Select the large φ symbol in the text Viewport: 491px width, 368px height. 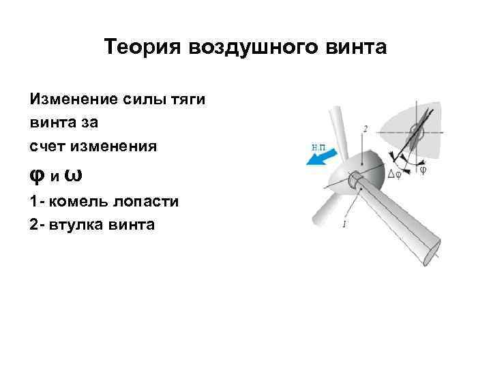click(x=38, y=175)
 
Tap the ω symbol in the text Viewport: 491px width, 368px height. click(x=76, y=175)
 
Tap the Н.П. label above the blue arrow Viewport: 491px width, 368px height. click(x=318, y=145)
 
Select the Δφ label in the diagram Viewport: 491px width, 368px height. click(x=394, y=174)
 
